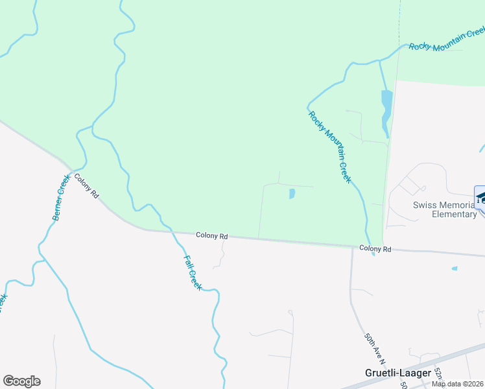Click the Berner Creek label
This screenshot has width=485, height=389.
(61, 197)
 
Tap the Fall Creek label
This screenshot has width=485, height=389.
(193, 272)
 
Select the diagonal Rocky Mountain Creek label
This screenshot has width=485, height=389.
(330, 147)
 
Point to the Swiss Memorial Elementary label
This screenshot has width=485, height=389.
(445, 209)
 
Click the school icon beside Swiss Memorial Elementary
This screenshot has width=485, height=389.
(481, 197)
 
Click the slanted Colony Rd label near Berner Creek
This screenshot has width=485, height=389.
(86, 185)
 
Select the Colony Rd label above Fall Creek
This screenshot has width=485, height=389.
(212, 236)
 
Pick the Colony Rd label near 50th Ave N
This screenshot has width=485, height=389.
(376, 248)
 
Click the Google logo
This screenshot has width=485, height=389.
(21, 381)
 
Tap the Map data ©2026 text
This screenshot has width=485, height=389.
(458, 384)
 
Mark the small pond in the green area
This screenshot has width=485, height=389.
(292, 193)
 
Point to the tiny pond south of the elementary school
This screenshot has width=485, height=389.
(455, 268)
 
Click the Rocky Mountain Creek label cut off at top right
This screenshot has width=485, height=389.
(446, 38)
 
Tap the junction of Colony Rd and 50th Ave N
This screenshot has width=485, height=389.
(352, 247)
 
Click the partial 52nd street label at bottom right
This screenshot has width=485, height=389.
(438, 373)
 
